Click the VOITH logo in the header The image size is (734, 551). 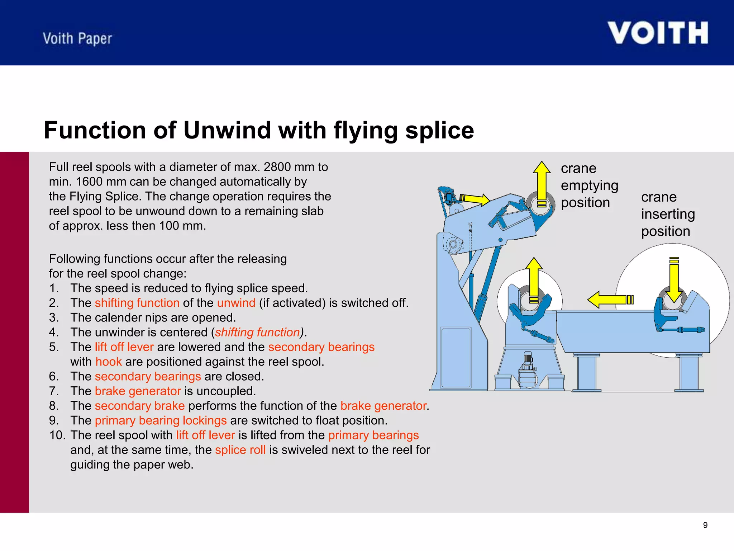coord(658,33)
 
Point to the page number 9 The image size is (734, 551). coord(705,525)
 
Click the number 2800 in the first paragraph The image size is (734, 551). coord(277,167)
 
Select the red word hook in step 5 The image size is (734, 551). coord(109,362)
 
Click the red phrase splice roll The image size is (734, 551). coord(240,450)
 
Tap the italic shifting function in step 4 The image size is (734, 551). coord(257,332)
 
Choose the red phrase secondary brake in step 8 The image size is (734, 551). coord(140,406)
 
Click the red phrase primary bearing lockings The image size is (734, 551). coord(161,420)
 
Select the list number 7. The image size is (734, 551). coord(53,391)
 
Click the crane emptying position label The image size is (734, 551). coord(589,185)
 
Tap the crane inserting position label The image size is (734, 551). coord(667,214)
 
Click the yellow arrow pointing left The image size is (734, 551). coord(609,300)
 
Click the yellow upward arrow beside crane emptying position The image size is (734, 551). coord(542,185)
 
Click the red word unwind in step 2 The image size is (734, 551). coord(236,303)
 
